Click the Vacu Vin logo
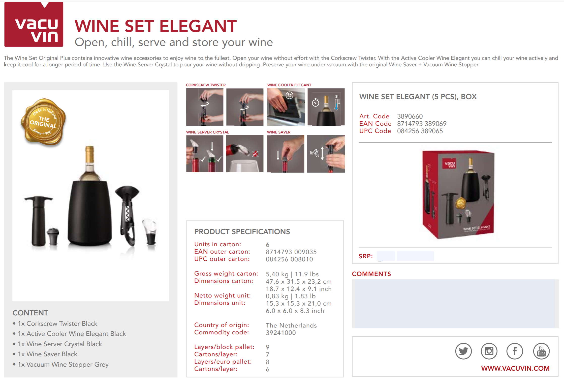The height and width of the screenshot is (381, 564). pyautogui.click(x=34, y=24)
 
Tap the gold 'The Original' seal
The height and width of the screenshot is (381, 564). pyautogui.click(x=43, y=122)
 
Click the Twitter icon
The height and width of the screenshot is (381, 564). pyautogui.click(x=463, y=351)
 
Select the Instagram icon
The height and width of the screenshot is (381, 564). pyautogui.click(x=489, y=351)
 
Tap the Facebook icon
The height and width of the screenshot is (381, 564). pyautogui.click(x=515, y=351)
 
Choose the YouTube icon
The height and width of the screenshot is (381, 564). pyautogui.click(x=541, y=351)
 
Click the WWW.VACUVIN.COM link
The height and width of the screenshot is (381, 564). pyautogui.click(x=515, y=368)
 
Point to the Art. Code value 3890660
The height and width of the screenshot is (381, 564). pyautogui.click(x=410, y=116)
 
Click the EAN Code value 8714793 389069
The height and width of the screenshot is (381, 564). pyautogui.click(x=422, y=124)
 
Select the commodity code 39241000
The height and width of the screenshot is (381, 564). pyautogui.click(x=281, y=333)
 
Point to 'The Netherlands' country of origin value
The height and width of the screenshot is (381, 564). pyautogui.click(x=291, y=325)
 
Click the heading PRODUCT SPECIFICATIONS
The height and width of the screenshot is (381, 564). pyautogui.click(x=242, y=232)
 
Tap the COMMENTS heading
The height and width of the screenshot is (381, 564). pyautogui.click(x=371, y=274)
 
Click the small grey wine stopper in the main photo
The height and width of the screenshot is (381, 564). pyautogui.click(x=53, y=236)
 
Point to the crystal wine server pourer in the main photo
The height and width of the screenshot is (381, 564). pyautogui.click(x=150, y=231)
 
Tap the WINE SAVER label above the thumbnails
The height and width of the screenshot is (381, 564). pyautogui.click(x=279, y=132)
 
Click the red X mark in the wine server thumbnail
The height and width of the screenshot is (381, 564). pyautogui.click(x=256, y=154)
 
